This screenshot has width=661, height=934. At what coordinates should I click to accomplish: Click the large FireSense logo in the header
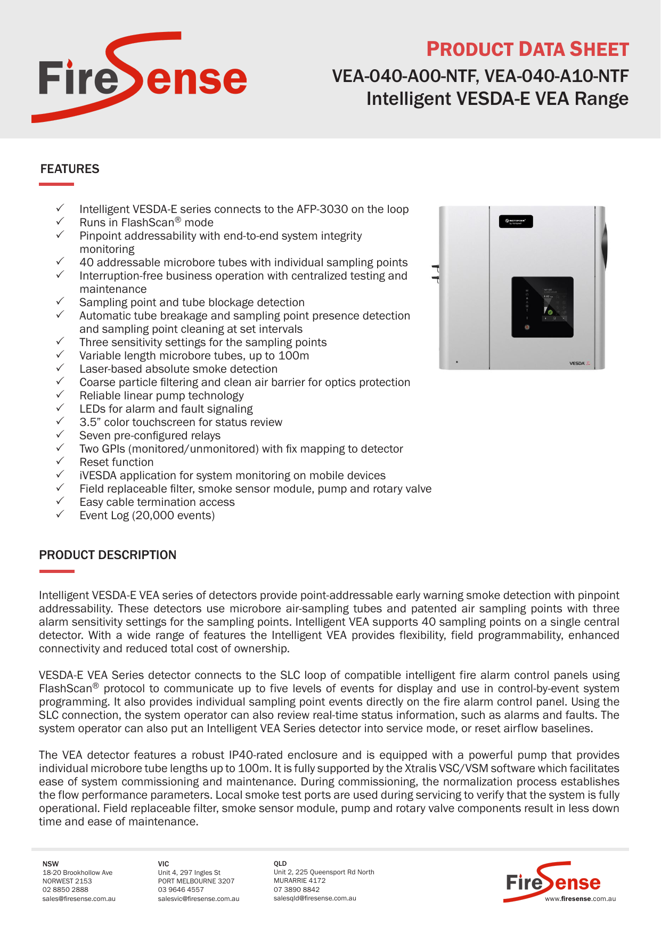[x=141, y=78]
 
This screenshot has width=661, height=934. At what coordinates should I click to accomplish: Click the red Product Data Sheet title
[x=527, y=50]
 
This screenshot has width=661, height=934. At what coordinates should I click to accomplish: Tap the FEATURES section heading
[x=70, y=169]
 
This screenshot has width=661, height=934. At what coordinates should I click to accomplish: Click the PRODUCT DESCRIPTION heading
[x=108, y=555]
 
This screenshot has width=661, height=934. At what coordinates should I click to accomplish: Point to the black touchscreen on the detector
[x=542, y=307]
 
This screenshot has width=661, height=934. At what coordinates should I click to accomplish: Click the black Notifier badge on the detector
[x=516, y=222]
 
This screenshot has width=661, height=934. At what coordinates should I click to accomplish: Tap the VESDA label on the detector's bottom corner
[x=578, y=364]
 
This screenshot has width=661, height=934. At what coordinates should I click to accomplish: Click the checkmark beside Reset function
[x=60, y=461]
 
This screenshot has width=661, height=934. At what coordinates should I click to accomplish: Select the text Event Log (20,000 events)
[x=147, y=515]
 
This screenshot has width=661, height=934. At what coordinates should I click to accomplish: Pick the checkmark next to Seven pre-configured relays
[x=60, y=435]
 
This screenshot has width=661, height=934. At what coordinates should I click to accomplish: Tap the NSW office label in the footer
[x=51, y=864]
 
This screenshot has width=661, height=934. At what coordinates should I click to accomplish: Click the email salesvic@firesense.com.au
[x=198, y=899]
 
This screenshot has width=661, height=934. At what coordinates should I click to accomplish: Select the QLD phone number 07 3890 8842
[x=297, y=889]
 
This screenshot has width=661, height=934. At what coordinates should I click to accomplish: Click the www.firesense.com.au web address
[x=580, y=899]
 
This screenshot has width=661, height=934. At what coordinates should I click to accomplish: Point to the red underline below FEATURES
[x=56, y=184]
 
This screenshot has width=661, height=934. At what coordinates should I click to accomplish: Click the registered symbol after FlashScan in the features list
[x=178, y=219]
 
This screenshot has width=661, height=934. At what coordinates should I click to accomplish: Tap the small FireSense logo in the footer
[x=552, y=882]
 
